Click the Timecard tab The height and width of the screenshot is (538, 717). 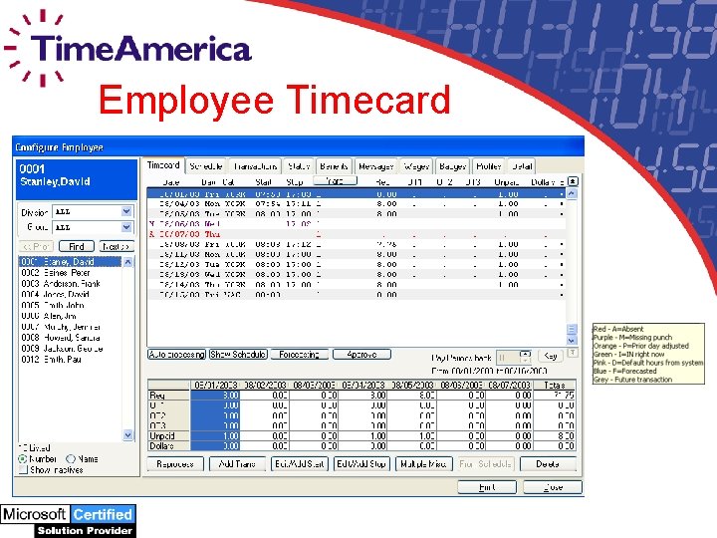tap(164, 165)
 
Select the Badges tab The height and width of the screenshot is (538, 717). tap(453, 166)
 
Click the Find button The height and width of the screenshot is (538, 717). tap(77, 246)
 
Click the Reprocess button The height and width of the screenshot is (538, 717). tap(175, 463)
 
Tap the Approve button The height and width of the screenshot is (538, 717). tap(361, 355)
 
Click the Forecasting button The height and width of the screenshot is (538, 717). tap(299, 355)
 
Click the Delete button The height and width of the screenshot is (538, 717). tap(548, 463)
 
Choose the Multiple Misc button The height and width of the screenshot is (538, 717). tap(423, 463)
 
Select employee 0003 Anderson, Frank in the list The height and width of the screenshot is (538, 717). tap(62, 283)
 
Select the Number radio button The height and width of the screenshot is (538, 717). tap(22, 459)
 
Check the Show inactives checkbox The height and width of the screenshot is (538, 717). tap(22, 469)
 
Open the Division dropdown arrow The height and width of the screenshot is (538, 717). tap(126, 212)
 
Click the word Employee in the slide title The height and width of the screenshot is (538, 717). tap(186, 101)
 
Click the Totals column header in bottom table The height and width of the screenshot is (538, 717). tap(555, 385)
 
